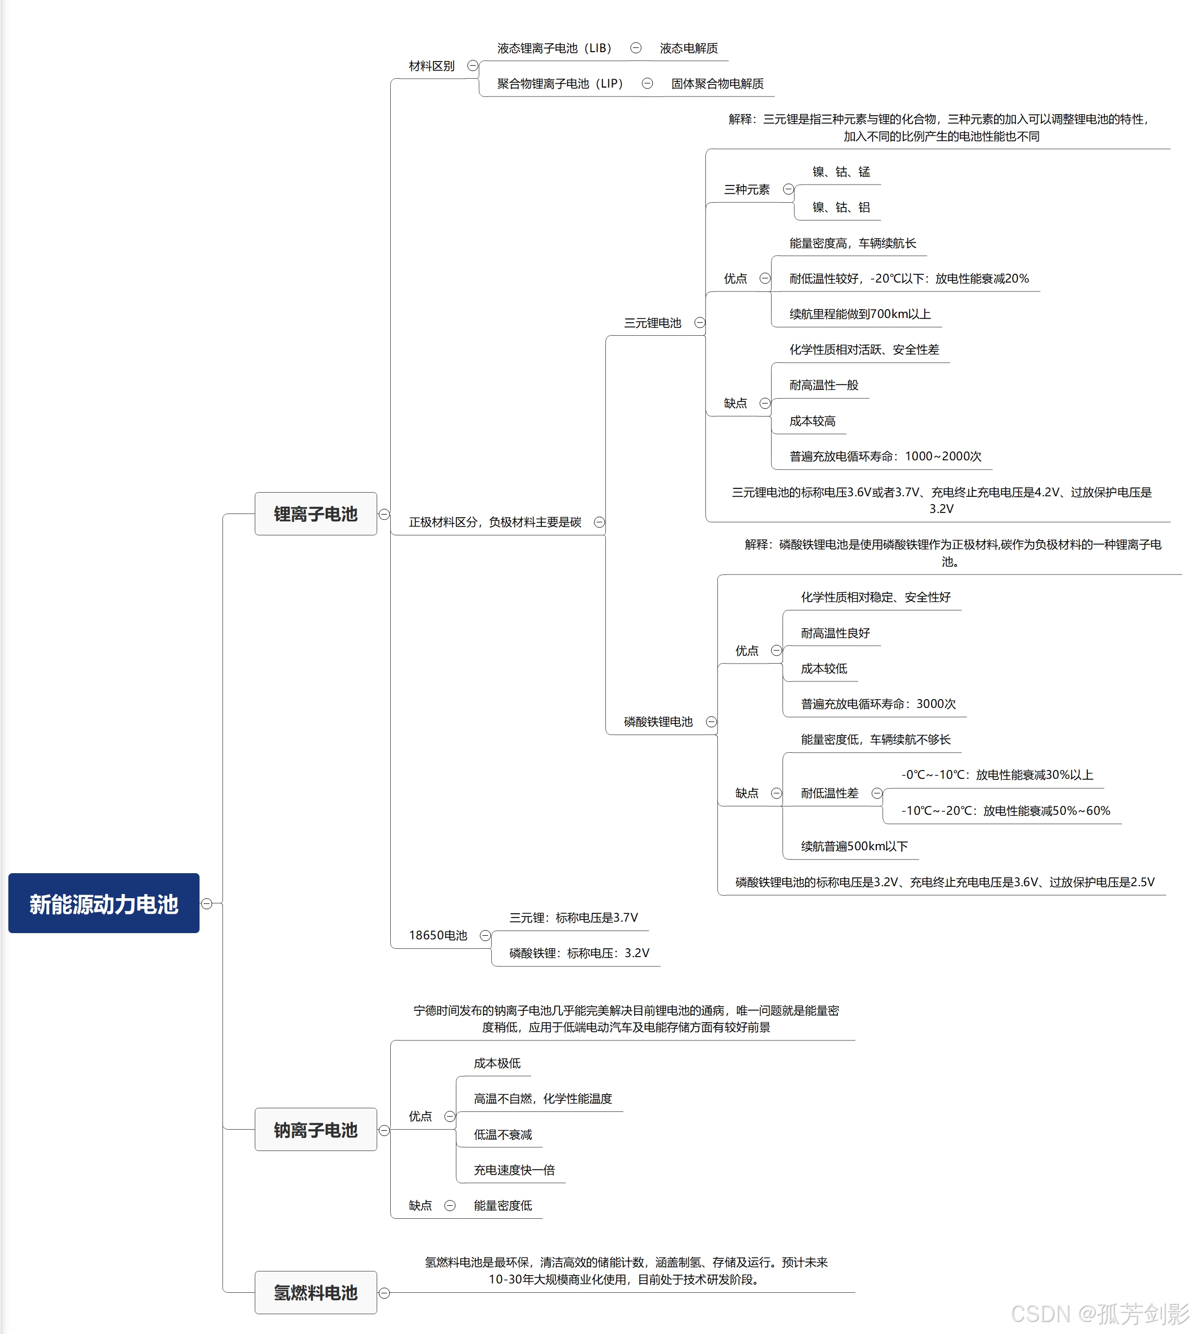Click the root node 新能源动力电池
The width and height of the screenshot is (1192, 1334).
click(x=104, y=903)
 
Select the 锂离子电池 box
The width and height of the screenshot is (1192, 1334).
click(x=316, y=513)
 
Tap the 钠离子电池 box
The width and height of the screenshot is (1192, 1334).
click(x=316, y=1130)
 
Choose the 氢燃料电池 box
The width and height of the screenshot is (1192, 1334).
click(x=316, y=1292)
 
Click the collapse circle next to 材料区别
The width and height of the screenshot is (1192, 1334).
click(x=472, y=66)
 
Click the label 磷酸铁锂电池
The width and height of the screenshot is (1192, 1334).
click(x=658, y=721)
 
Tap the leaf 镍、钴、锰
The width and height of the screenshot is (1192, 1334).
click(x=841, y=172)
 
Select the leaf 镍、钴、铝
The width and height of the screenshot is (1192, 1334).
click(x=841, y=207)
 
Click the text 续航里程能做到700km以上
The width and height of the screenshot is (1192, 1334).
click(x=860, y=314)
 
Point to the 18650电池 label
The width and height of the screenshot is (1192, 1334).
click(x=438, y=935)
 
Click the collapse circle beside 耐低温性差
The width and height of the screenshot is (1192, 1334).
click(x=877, y=793)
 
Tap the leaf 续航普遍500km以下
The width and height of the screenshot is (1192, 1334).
click(x=854, y=846)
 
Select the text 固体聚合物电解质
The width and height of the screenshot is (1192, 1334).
click(x=717, y=83)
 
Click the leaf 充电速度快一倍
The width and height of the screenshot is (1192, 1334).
click(x=514, y=1170)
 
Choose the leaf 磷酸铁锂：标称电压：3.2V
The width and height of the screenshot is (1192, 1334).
click(x=579, y=952)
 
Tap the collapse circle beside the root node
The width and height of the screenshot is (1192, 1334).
click(x=207, y=903)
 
